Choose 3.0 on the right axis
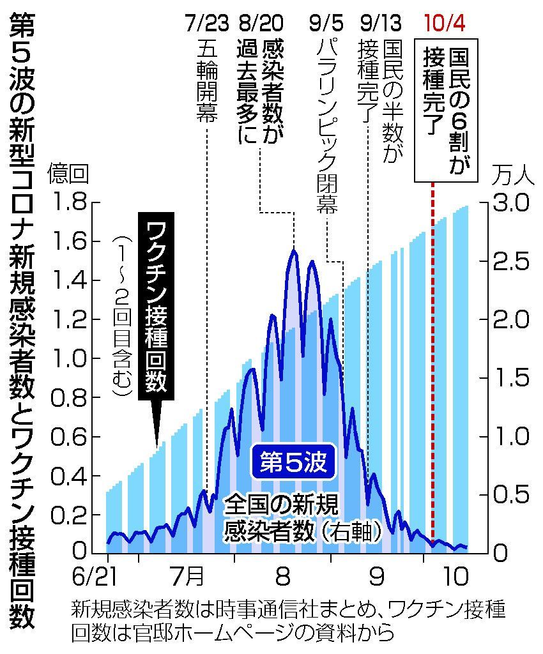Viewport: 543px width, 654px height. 509,203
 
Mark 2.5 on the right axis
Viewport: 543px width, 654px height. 509,261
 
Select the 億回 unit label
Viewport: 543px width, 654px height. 68,172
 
